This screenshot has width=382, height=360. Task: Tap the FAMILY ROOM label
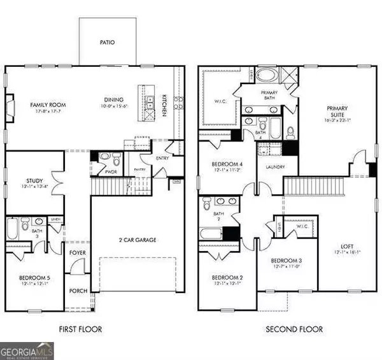tap(49, 104)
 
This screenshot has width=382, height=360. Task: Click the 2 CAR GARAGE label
tap(137, 240)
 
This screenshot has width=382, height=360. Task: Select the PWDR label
tap(101, 171)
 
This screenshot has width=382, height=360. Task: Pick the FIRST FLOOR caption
tap(80, 329)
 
